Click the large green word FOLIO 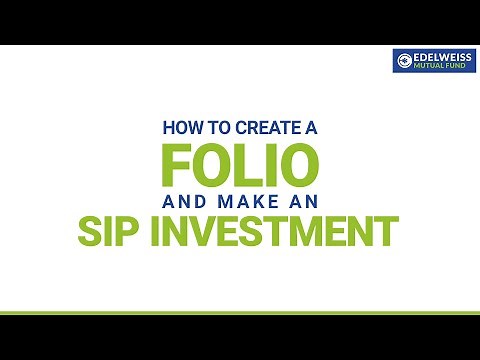[x=240, y=163]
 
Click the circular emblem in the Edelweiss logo [x=404, y=61]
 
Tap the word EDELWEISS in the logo [x=441, y=56]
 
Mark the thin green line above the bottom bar [x=240, y=314]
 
